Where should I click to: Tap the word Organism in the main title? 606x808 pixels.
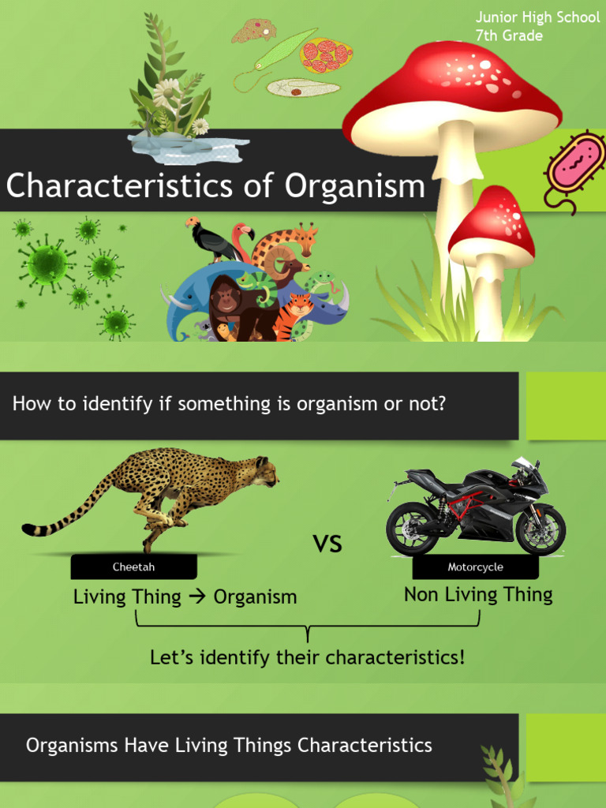tap(354, 186)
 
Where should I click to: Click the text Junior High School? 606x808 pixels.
tap(537, 17)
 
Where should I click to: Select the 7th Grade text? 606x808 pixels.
tap(509, 36)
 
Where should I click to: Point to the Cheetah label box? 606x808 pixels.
tap(133, 567)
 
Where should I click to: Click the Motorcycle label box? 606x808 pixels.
tap(475, 567)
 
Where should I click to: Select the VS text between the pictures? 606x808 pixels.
tap(327, 544)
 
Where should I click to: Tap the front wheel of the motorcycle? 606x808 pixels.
tap(541, 529)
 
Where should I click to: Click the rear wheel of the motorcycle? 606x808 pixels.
tap(411, 528)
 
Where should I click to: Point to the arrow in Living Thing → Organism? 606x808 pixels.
tap(197, 597)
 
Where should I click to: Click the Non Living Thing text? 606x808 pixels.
tap(478, 594)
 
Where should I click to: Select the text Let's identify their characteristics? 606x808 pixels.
tap(307, 656)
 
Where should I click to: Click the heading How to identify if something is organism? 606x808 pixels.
tap(229, 404)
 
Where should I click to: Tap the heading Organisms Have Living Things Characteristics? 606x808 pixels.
tap(229, 745)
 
